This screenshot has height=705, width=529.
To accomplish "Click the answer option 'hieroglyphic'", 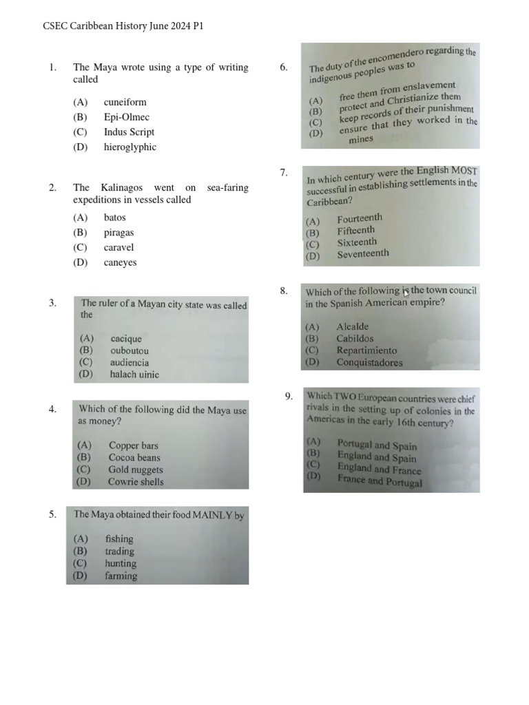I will tap(129, 147).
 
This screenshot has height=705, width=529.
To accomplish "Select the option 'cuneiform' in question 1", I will tap(125, 102).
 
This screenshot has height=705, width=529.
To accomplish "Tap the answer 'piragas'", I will tap(118, 232).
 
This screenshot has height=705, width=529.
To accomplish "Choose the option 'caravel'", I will tap(118, 247).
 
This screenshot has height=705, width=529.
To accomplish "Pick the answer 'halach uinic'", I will tap(134, 375).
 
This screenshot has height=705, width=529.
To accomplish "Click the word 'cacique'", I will tap(125, 338).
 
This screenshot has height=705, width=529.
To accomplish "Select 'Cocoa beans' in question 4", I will tap(134, 457).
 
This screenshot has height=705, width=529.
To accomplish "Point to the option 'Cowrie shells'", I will tap(136, 482).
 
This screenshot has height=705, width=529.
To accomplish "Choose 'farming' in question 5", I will tap(121, 576).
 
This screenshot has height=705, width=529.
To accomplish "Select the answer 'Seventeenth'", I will tap(362, 253).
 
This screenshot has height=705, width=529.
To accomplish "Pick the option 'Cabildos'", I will tap(355, 338).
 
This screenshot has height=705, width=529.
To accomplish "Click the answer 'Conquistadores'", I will tap(369, 362).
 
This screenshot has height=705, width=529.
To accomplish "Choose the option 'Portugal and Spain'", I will tap(377, 445).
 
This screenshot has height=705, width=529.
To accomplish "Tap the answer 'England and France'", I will tap(379, 470).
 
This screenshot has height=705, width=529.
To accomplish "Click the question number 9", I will tap(289, 396).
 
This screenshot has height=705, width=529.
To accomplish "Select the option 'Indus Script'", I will tap(129, 131).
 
